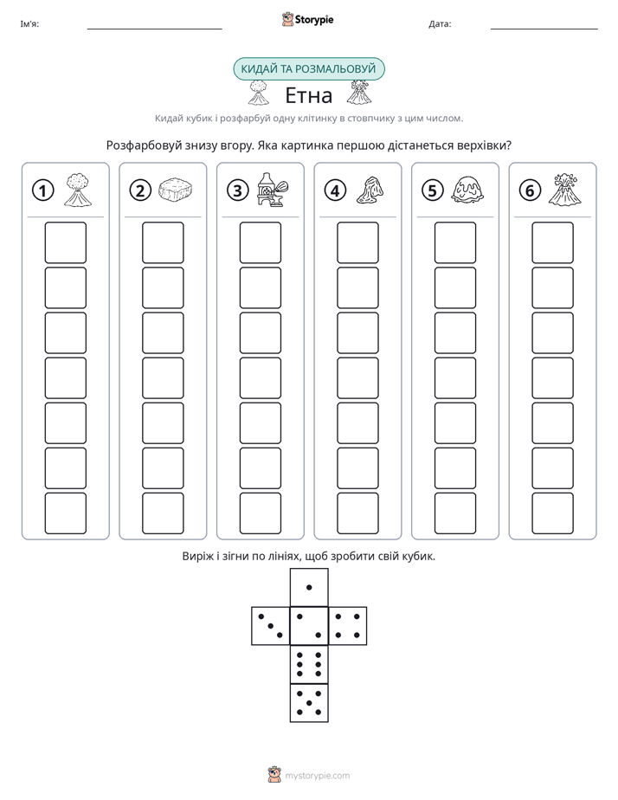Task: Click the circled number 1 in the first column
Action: coord(42,190)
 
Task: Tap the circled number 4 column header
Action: coord(335,190)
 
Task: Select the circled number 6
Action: coord(530,190)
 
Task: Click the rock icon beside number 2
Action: coord(176,190)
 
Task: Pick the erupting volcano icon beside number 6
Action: coord(565,190)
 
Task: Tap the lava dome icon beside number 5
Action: coord(467,190)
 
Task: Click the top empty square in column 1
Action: coord(66,242)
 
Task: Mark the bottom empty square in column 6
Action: coord(553,513)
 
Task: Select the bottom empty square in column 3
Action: coord(261,513)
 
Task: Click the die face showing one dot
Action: coord(309,587)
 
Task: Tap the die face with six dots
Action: coord(309,664)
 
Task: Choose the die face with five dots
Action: coord(309,703)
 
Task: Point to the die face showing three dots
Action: coord(271,626)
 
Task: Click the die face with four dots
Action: coord(348,626)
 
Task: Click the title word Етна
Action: coord(308,95)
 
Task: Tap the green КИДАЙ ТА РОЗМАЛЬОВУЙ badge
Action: coord(308,69)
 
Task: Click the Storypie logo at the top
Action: coord(307,20)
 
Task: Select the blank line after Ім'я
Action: coord(154,29)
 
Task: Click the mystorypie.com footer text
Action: coord(317,776)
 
